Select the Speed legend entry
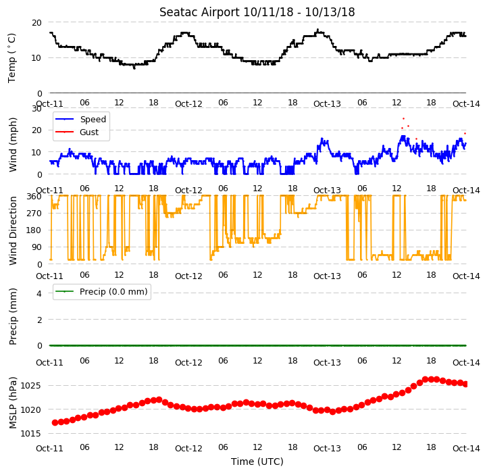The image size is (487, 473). point(80,120)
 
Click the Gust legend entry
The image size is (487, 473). point(77,132)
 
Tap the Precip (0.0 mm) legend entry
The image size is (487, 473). point(101,291)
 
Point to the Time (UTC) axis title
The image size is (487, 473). point(257,462)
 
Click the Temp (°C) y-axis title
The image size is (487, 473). point(11,58)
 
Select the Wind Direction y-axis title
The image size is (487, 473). point(13,230)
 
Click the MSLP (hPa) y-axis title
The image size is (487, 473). point(12,403)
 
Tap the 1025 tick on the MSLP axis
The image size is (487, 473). point(30,386)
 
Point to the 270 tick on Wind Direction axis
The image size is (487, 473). point(34,214)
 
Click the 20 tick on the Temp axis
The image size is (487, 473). point(36,23)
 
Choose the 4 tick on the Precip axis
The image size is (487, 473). point(39,293)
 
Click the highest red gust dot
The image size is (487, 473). point(403,118)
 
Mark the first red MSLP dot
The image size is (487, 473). point(55,422)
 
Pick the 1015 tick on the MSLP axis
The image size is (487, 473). point(30,434)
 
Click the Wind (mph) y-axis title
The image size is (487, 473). point(13,145)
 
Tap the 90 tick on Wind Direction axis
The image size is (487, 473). point(36,247)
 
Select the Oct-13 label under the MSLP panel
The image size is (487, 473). point(327,449)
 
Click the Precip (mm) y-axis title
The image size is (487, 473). point(13,316)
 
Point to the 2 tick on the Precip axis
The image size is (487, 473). point(39,320)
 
